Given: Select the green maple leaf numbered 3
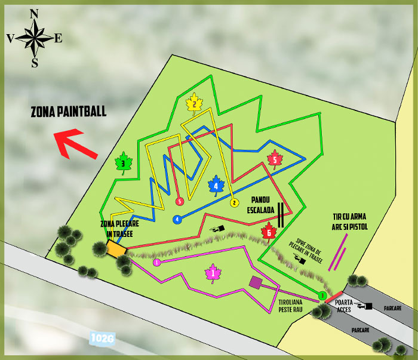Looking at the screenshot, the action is tap(122, 162).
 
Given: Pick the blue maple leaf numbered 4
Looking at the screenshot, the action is tap(216, 186).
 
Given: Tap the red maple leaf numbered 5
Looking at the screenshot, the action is tap(274, 159).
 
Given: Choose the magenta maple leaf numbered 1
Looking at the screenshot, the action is tap(213, 273).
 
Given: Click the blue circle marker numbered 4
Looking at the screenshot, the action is tap(177, 220).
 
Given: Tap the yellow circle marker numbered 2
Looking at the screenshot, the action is tap(235, 203).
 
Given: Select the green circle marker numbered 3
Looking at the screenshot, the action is tap(322, 296).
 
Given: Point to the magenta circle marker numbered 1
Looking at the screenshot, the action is tap(156, 262).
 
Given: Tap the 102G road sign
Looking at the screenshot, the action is tap(103, 338).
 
